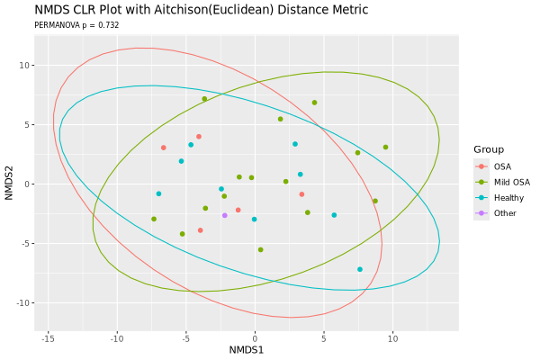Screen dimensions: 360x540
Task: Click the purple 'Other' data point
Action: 225,215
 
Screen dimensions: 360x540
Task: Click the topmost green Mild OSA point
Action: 204,99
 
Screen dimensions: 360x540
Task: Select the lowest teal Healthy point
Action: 360,269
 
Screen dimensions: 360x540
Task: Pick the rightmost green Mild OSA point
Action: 385,148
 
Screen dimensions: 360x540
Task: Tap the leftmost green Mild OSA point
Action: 154,219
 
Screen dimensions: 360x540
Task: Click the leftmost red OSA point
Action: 164,148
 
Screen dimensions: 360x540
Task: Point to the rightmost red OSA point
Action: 301,194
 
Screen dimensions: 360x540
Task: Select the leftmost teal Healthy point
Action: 158,193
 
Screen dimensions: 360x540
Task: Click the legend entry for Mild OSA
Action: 510,182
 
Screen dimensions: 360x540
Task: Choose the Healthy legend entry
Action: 508,197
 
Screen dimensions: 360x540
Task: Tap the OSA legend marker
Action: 481,166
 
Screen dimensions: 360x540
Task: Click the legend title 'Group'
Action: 489,149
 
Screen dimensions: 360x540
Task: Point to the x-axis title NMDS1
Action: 246,348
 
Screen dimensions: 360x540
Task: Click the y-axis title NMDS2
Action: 10,184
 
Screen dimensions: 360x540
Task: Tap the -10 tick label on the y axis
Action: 23,302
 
